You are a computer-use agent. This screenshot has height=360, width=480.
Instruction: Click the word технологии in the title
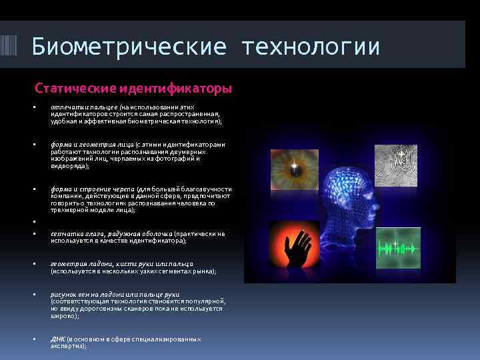click(x=311, y=47)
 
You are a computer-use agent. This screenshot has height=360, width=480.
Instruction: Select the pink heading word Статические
click(x=75, y=88)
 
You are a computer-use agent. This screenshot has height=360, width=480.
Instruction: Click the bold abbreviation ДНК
click(x=57, y=339)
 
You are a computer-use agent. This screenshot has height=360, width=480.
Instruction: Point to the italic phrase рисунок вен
click(x=69, y=294)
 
